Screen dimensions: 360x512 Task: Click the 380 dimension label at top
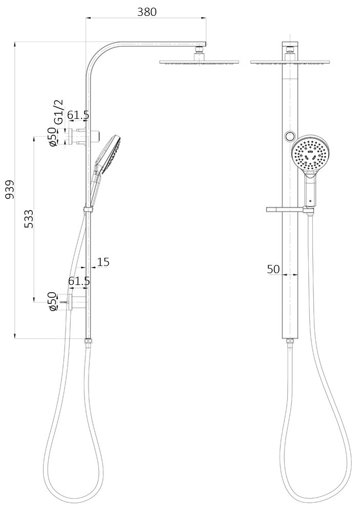coord(147,12)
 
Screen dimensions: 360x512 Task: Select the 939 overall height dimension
coord(10,189)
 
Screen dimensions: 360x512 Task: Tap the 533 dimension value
coord(29,219)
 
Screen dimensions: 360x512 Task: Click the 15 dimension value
coord(103,262)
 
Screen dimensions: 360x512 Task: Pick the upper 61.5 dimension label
coord(78,115)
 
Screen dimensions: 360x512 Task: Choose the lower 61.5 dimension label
coord(79,281)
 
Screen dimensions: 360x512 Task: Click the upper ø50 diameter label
coord(52,137)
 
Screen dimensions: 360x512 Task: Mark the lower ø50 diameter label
coord(52,301)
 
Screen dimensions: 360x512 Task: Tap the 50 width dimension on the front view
coord(273,269)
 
